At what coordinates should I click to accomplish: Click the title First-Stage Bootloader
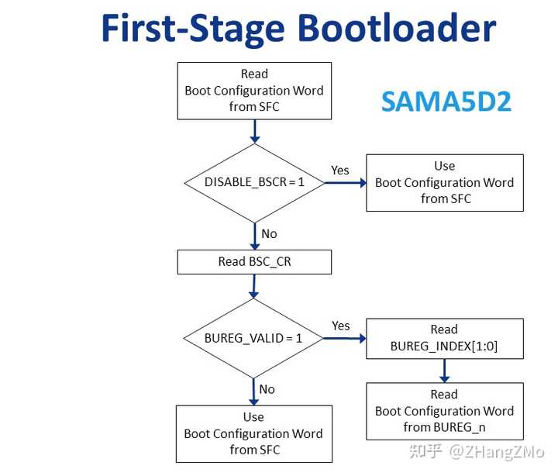click(x=298, y=29)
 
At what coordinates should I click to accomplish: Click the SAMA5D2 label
click(x=446, y=101)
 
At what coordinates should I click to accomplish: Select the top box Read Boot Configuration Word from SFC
click(x=254, y=90)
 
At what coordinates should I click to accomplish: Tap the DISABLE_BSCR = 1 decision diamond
click(x=254, y=182)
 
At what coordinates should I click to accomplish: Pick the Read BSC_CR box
click(x=254, y=262)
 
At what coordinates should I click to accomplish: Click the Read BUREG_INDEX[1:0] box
click(x=444, y=339)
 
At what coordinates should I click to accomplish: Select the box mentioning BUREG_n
click(x=444, y=411)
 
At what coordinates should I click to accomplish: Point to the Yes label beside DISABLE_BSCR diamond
click(x=340, y=171)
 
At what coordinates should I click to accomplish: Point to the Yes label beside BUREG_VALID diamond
click(x=341, y=326)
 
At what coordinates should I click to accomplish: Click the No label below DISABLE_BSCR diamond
click(x=269, y=234)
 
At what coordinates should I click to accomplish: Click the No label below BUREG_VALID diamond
click(x=267, y=389)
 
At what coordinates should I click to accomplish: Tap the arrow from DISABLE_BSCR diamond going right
click(x=345, y=183)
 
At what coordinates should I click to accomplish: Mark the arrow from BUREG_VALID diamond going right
click(x=345, y=339)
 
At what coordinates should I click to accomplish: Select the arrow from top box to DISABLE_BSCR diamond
click(x=254, y=131)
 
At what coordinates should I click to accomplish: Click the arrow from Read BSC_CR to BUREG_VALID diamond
click(x=254, y=286)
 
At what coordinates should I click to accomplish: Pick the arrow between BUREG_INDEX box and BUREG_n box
click(x=444, y=371)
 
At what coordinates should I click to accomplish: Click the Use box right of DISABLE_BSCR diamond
click(x=444, y=182)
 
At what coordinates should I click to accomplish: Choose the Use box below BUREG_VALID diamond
click(x=253, y=433)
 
